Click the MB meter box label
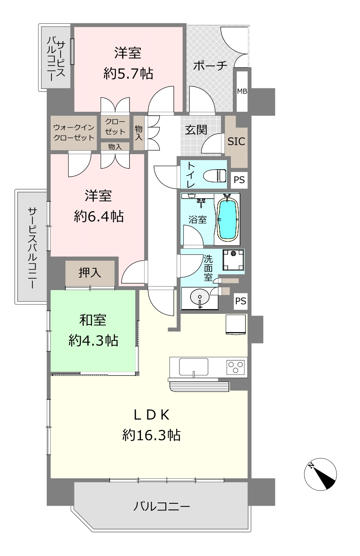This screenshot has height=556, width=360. tap(242, 91)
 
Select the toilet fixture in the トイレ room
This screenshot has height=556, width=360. tap(215, 176)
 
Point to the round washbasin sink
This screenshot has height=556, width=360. tap(200, 297)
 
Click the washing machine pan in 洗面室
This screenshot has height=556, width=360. tap(233, 260)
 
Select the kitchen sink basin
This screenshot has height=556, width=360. tap(194, 366)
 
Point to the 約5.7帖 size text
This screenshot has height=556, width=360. tap(128, 74)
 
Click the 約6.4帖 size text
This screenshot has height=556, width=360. tap(99, 216)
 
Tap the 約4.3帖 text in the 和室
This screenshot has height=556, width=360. tap(93, 340)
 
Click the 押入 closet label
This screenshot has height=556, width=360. tap(90, 273)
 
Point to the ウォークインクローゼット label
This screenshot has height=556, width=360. tap(74, 132)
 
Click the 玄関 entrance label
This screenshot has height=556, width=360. tap(196, 130)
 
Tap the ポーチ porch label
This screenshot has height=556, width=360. tap(210, 65)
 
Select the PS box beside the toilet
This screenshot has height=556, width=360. tap(239, 180)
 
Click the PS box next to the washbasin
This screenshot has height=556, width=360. tap(241, 301)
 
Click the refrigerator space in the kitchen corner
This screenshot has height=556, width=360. tap(236, 325)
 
